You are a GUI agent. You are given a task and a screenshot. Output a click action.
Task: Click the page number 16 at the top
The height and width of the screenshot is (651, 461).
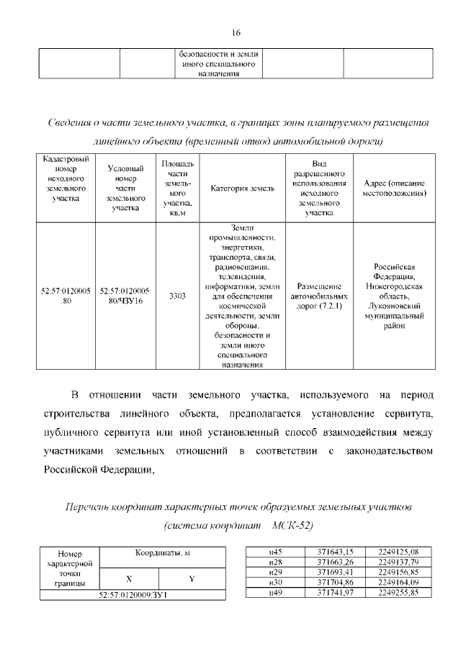[x=236, y=33]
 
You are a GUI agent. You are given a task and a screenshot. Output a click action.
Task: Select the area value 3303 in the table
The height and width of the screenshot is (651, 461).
[x=177, y=296]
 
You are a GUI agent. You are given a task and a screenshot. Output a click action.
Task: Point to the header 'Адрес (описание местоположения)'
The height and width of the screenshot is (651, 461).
[x=394, y=188]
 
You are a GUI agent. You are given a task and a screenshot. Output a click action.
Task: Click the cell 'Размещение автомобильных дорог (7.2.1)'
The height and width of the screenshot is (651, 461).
[x=319, y=296]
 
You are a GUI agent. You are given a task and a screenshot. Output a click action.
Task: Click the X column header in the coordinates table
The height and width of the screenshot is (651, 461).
[x=129, y=578]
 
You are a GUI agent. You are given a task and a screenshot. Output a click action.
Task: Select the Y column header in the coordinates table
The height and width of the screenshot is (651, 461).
[x=192, y=578]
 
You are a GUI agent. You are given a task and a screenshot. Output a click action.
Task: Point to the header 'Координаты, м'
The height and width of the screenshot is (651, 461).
[x=161, y=552]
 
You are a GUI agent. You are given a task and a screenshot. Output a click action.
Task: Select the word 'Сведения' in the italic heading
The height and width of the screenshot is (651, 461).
[x=72, y=123]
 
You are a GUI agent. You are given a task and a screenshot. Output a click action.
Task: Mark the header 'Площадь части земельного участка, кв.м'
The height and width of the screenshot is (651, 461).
[x=177, y=188]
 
